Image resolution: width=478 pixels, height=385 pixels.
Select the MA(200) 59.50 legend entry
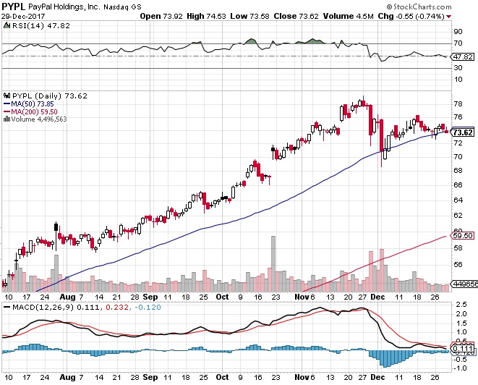(33, 111)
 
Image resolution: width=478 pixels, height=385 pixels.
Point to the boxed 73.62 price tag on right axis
(462, 132)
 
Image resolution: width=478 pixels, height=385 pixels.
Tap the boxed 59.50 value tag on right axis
(461, 236)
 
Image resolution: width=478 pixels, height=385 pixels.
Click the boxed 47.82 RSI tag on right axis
(461, 56)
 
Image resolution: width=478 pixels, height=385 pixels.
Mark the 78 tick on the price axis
(457, 101)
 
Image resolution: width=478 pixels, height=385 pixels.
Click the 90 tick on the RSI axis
(457, 32)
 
